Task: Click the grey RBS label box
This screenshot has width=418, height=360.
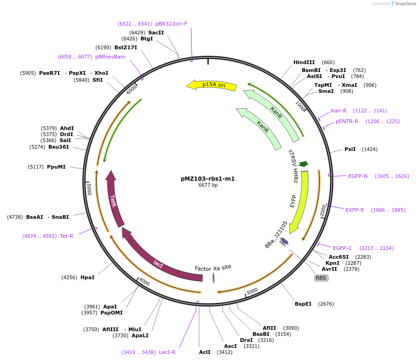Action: [321, 278]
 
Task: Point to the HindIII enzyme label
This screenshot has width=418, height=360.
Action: [304, 63]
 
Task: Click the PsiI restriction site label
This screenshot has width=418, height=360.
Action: [350, 149]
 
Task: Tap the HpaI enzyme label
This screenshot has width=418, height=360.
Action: [87, 277]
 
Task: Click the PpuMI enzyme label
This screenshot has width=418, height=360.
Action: [56, 166]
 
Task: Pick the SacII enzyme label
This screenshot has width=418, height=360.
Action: [156, 33]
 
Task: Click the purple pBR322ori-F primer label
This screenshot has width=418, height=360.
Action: [171, 24]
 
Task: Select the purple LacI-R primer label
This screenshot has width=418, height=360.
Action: [167, 352]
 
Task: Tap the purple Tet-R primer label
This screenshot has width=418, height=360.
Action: [66, 236]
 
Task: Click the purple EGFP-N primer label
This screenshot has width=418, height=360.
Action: [358, 176]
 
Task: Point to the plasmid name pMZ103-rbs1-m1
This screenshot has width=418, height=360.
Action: [208, 178]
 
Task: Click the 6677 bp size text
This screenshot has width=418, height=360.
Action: [208, 185]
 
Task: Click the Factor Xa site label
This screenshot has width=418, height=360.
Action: [213, 268]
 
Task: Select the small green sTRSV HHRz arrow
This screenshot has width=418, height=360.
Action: [304, 164]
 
